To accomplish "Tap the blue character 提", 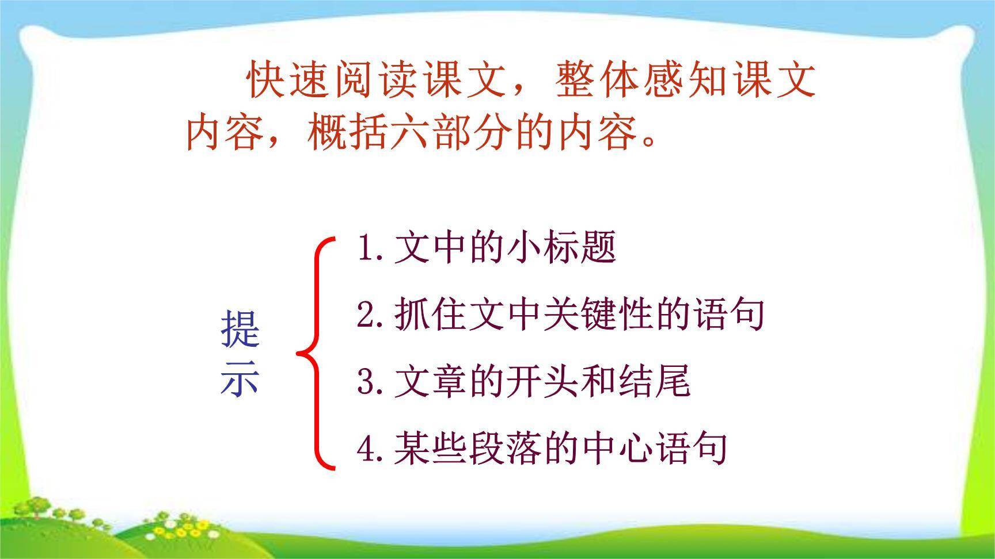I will coord(240,330).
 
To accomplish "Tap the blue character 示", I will coord(240,380).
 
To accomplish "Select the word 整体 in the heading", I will coord(597,81).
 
